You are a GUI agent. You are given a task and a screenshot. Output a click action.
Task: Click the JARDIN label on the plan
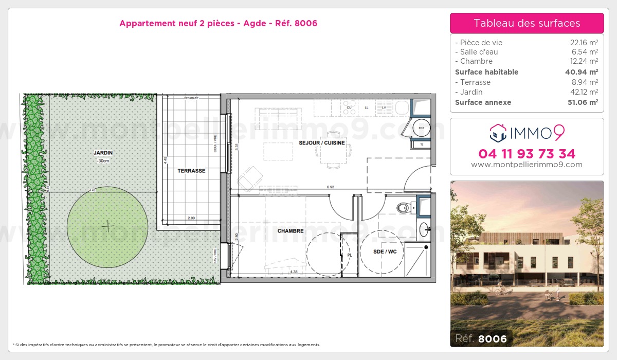103,153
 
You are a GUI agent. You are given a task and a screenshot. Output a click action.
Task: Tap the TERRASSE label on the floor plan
192,171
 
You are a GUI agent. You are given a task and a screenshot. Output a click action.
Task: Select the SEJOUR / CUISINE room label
322,143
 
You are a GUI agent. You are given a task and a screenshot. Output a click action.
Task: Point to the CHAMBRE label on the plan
291,231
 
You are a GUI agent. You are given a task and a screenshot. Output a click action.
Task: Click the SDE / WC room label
385,251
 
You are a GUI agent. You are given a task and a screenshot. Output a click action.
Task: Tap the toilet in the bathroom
404,208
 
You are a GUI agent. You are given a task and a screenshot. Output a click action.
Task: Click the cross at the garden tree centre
108,226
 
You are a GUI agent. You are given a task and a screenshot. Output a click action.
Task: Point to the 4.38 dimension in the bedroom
294,272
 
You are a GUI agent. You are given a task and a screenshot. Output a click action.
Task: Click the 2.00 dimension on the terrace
191,218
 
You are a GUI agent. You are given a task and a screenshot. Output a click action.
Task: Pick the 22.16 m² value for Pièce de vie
584,43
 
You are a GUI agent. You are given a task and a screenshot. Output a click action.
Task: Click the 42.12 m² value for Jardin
584,92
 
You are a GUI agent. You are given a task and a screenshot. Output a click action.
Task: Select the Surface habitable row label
486,72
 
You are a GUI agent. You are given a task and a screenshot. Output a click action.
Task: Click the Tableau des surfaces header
527,23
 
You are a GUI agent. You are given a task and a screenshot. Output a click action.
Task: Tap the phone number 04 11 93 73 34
527,154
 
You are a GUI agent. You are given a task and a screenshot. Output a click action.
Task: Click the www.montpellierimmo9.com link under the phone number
527,165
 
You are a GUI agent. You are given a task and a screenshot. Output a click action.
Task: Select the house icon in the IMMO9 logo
498,133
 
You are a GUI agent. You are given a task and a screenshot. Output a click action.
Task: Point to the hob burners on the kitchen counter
350,107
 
